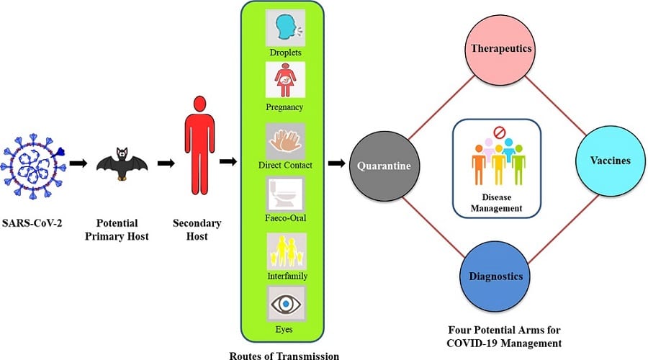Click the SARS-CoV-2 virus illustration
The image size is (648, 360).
click(x=33, y=166)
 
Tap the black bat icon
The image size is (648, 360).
click(x=122, y=163)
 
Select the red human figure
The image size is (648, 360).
click(x=199, y=145)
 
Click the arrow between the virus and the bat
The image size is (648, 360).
click(x=78, y=163)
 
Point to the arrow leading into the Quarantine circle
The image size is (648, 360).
click(x=337, y=163)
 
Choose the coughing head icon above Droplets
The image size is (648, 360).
click(x=285, y=28)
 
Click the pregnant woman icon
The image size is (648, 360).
click(x=285, y=80)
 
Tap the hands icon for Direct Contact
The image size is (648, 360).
click(x=285, y=141)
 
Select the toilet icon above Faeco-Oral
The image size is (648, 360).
click(x=285, y=194)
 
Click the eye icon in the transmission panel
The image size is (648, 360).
click(x=286, y=305)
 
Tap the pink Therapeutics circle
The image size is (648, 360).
click(x=500, y=49)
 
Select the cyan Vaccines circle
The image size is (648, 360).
click(x=611, y=161)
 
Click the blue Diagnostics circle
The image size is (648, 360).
click(x=495, y=276)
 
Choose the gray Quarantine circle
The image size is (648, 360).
click(x=384, y=166)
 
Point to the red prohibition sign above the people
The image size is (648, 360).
click(x=500, y=132)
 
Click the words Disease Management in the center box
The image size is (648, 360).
click(x=496, y=202)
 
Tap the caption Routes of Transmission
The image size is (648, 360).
click(x=284, y=356)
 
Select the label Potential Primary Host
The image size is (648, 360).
click(x=117, y=230)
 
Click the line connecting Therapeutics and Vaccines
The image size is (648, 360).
click(x=556, y=105)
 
